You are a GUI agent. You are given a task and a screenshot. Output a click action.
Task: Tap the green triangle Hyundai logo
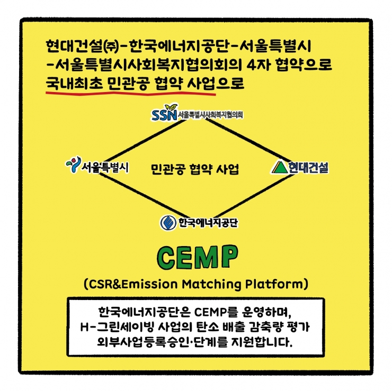click(x=280, y=167)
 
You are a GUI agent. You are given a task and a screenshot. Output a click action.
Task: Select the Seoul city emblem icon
click(x=74, y=165)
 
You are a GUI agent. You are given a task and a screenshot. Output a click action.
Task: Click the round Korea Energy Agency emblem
click(x=168, y=223)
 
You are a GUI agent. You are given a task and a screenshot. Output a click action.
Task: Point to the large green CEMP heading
click(x=198, y=257)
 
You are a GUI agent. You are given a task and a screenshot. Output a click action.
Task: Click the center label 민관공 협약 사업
click(x=195, y=169)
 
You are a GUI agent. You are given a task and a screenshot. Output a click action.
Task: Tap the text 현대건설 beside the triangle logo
click(x=308, y=167)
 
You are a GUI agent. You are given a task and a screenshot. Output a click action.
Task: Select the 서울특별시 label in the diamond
click(x=105, y=167)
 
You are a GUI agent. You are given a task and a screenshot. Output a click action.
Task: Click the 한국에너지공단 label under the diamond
click(x=208, y=223)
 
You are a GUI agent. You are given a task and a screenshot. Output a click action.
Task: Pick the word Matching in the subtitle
click(x=211, y=284)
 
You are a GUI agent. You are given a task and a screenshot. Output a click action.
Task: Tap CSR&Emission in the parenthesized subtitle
click(x=133, y=284)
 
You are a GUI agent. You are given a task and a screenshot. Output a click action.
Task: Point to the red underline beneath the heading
click(x=130, y=93)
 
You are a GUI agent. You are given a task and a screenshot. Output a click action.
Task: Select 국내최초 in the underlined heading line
click(x=74, y=84)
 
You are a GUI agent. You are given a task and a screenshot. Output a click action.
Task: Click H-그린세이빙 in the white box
click(x=117, y=327)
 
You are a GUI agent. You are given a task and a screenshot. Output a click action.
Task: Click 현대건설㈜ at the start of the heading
click(x=82, y=47)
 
